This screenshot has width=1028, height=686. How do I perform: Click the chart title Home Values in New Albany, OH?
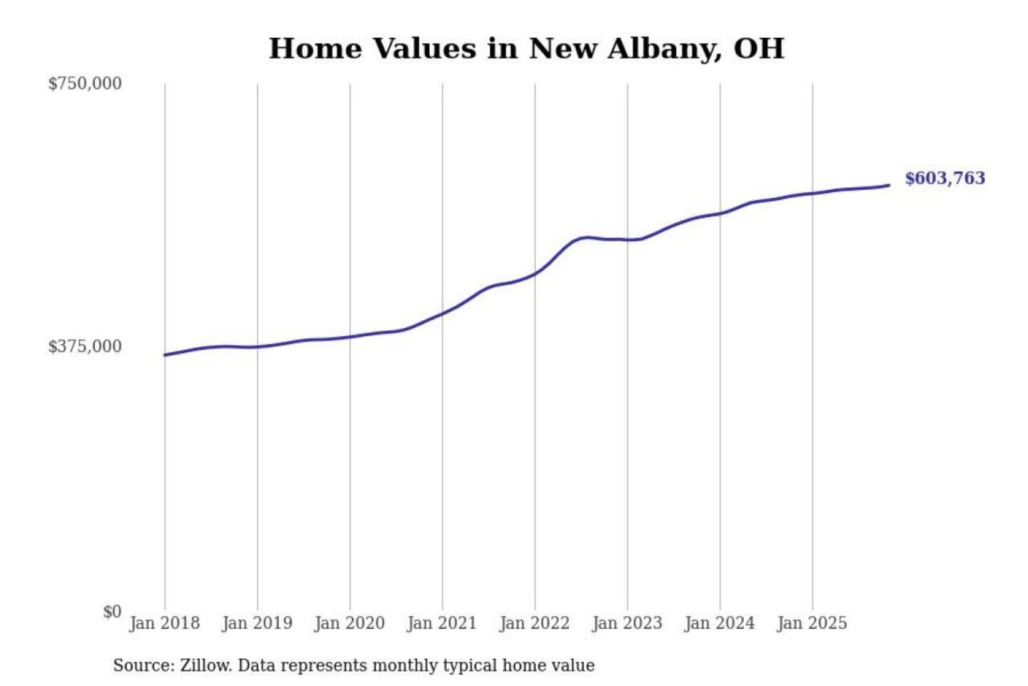pos(526,49)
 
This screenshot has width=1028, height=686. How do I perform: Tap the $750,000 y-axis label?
pos(85,84)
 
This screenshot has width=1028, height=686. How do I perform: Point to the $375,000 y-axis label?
pos(85,347)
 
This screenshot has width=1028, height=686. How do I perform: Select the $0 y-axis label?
pos(112,612)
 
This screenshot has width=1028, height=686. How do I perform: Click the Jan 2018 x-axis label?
pos(164,623)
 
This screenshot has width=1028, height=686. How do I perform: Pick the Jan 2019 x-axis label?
pos(257,623)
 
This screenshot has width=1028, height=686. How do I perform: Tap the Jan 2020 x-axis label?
pos(349,623)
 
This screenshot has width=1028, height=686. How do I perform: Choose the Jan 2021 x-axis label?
pos(441,623)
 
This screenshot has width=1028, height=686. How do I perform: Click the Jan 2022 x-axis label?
pos(534,623)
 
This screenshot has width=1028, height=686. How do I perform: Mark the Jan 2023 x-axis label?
pos(627,623)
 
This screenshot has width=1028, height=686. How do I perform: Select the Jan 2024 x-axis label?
pos(719,623)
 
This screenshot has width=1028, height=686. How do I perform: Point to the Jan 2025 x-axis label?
pos(812,623)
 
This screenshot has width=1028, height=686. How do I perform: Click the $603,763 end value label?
pos(944,178)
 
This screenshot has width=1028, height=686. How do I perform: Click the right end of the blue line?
pos(889,185)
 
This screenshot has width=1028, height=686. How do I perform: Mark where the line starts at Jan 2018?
pos(165,354)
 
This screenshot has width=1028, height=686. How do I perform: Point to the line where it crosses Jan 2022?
pos(535,274)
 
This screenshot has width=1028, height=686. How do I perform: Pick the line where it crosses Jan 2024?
pos(720,213)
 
